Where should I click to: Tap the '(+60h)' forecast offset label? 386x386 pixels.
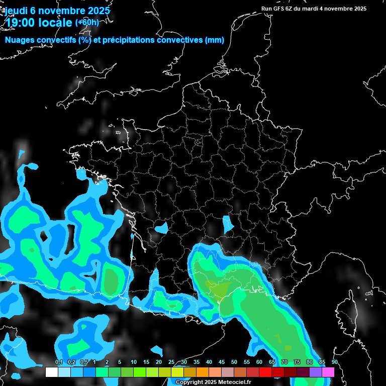point(87,22)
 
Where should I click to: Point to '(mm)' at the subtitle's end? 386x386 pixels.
point(215,40)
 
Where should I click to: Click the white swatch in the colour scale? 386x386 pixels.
point(51,372)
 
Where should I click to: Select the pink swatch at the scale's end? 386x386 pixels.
point(328,372)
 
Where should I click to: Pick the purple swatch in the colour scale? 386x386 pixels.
point(316,372)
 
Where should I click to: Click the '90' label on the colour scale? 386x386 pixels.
point(335,362)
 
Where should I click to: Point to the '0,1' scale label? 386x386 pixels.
point(59,362)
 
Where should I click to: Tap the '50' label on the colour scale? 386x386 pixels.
point(234,362)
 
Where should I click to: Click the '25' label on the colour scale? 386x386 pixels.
point(171,362)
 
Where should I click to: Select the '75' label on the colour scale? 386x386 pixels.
point(297,362)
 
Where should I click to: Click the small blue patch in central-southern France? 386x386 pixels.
point(228,223)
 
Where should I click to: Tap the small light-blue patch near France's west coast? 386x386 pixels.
point(161,228)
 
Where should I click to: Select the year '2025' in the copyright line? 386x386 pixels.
point(210,382)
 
